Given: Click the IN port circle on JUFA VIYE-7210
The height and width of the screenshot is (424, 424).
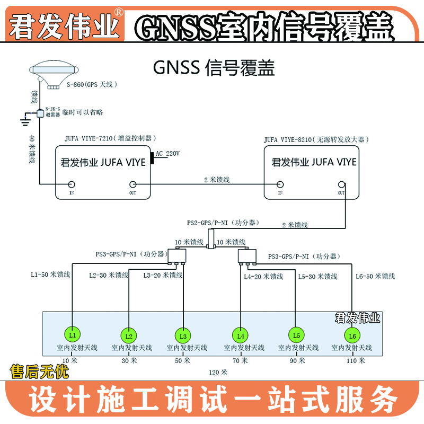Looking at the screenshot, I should pyautogui.click(x=72, y=184).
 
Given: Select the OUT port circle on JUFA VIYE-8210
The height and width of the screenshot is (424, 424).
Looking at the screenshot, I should pyautogui.click(x=342, y=184).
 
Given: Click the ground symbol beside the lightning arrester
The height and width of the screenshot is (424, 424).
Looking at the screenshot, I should pyautogui.click(x=24, y=121).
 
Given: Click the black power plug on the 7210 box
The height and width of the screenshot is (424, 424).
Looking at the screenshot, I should pyautogui.click(x=152, y=158).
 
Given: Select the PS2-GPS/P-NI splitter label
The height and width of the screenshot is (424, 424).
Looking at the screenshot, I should pyautogui.click(x=218, y=223).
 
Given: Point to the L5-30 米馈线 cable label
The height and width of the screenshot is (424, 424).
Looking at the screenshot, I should pyautogui.click(x=317, y=276).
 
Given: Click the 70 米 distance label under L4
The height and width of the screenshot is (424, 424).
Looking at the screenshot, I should pyautogui.click(x=240, y=360).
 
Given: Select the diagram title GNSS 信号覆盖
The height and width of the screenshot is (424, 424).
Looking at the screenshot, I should pyautogui.click(x=214, y=68).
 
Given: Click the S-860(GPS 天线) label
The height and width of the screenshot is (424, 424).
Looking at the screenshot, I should pyautogui.click(x=91, y=84).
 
